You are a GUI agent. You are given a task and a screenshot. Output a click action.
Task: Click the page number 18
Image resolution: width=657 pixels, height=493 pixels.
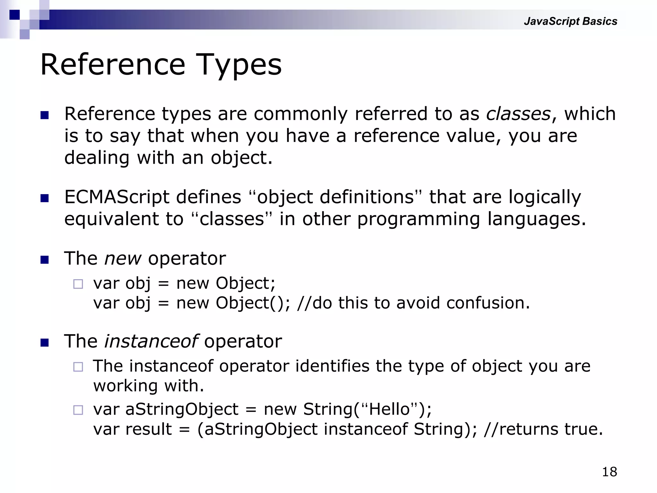[609, 472]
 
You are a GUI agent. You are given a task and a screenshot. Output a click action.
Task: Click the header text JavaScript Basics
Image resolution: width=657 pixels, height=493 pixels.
[570, 21]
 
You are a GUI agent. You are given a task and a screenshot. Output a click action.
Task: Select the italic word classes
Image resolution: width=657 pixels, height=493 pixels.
[518, 114]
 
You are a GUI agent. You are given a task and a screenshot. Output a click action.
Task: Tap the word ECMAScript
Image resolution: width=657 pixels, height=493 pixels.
[116, 197]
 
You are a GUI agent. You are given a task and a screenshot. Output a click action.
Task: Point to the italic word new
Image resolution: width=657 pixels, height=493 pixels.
[123, 258]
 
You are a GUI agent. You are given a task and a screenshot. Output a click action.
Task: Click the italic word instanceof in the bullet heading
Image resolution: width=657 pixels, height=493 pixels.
[151, 341]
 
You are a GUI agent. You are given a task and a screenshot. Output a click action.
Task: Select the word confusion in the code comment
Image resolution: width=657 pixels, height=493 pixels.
[487, 303]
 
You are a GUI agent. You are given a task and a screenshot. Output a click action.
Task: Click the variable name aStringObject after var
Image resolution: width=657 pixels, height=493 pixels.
[182, 409]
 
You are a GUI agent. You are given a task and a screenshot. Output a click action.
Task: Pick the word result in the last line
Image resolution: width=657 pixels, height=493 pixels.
[149, 429]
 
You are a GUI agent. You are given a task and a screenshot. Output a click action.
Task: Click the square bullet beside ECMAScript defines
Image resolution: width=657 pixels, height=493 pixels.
[45, 198]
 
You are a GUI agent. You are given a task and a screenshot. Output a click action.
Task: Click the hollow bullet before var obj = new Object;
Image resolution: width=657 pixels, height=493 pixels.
[78, 284]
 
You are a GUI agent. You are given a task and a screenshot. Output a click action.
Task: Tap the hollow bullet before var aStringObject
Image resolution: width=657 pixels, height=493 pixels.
[78, 410]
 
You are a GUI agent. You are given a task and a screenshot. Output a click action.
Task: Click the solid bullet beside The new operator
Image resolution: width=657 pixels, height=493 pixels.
[45, 260]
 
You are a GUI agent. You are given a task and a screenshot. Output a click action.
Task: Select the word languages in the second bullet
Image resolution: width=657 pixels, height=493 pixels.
[536, 219]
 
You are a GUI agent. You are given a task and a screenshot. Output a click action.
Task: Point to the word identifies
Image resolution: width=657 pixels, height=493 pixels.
[332, 366]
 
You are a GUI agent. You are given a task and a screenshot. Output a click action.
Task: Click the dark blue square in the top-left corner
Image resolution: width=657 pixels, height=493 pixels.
[14, 15]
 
